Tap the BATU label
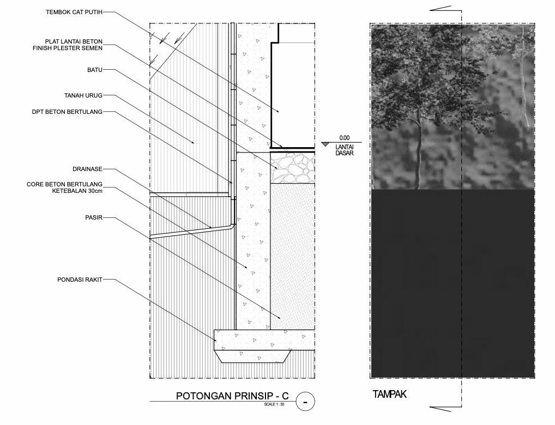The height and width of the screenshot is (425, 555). [x=94, y=70]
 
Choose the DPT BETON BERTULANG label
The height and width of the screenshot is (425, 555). [x=67, y=112]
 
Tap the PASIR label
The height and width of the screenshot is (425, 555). [x=93, y=217]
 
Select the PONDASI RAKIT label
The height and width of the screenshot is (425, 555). [x=80, y=280]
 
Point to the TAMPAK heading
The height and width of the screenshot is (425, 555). [x=389, y=394]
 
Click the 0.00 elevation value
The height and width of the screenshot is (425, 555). [x=343, y=138]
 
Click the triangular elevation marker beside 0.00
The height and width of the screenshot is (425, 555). [x=325, y=144]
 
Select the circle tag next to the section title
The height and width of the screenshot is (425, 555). [x=305, y=403]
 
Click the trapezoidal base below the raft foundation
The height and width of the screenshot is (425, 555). [x=253, y=357]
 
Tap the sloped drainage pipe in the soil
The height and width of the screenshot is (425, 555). [x=191, y=231]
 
